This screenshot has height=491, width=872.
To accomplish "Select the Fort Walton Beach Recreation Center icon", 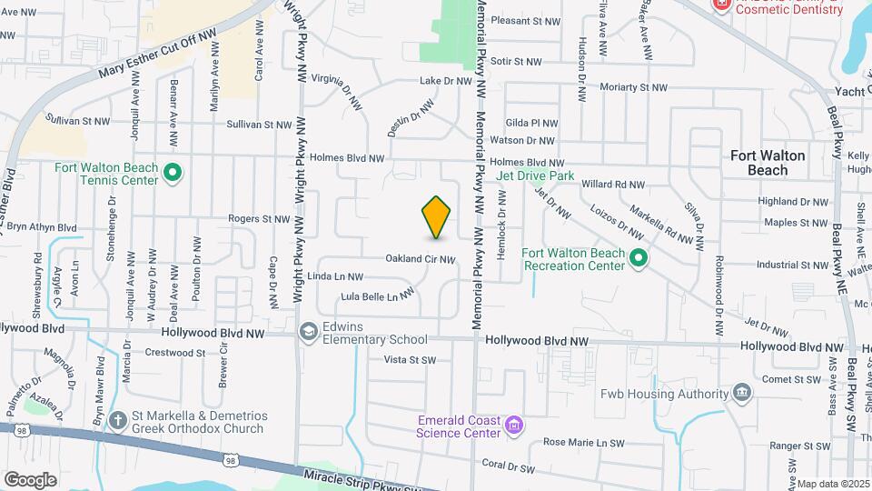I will point(639,259).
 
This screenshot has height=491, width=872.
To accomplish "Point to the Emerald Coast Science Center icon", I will point(515,425).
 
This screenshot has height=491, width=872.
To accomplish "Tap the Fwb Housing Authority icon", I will point(742,393).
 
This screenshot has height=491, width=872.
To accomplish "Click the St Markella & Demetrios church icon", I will point(117,420).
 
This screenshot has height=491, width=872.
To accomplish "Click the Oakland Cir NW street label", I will point(420,259).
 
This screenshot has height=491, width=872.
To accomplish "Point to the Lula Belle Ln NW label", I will point(369,296).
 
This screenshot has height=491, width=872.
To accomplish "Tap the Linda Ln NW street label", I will point(335,276).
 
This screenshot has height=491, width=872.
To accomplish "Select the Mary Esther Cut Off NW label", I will point(159,55).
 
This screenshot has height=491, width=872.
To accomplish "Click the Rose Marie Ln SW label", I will point(584,443).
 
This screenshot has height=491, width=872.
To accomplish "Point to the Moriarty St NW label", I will point(634,87).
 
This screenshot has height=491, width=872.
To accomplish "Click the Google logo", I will point(30,479).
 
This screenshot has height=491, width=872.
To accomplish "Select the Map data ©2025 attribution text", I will point(833,484).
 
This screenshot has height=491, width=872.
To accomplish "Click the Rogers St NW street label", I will point(258,219).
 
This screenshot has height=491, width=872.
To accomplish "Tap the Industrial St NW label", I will point(792,266).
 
